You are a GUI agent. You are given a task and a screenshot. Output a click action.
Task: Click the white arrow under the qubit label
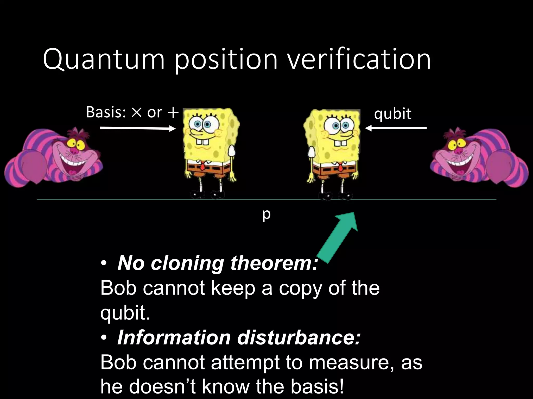[396, 128]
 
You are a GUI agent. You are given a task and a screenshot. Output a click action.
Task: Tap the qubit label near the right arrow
[392, 114]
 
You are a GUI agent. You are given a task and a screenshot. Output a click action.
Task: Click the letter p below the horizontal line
[266, 215]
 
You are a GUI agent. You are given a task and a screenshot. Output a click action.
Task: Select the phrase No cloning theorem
[218, 263]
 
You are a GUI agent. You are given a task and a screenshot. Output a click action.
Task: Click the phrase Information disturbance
[239, 338]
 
